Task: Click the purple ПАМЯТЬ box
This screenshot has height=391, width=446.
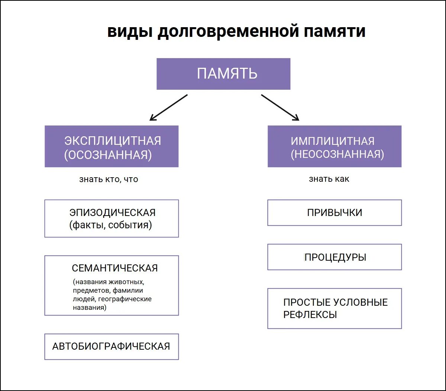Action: pos(223,74)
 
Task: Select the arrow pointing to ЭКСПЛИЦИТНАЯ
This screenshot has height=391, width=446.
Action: pos(168,107)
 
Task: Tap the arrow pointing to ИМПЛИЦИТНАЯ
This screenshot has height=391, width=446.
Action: pos(280,107)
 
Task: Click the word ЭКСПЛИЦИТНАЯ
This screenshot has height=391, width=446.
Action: pos(113,141)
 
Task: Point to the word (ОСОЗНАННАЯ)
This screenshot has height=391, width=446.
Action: pos(108,155)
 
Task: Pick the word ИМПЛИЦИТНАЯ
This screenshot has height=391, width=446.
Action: pos(333,141)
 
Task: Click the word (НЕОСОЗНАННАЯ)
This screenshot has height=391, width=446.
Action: pos(337,154)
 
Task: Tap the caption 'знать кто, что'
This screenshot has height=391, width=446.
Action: pos(109,179)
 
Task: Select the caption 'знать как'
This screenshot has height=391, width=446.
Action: pos(329,179)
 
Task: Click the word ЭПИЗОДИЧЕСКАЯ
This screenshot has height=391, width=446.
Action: pos(113,213)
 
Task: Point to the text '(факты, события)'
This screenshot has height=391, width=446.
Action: pos(110,225)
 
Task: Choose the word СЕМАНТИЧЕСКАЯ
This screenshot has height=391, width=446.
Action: pos(115,268)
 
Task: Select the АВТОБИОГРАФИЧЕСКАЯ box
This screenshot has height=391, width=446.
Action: pos(111,346)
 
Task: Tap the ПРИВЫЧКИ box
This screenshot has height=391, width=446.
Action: pos(334,213)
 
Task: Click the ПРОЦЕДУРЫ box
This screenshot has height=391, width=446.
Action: pos(334,257)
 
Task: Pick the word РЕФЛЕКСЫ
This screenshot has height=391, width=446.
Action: pos(310,315)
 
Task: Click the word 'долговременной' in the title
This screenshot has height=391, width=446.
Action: pos(228,31)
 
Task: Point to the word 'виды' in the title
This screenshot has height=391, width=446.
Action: pos(130,31)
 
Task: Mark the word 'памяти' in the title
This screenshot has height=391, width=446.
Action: pos(334,31)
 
